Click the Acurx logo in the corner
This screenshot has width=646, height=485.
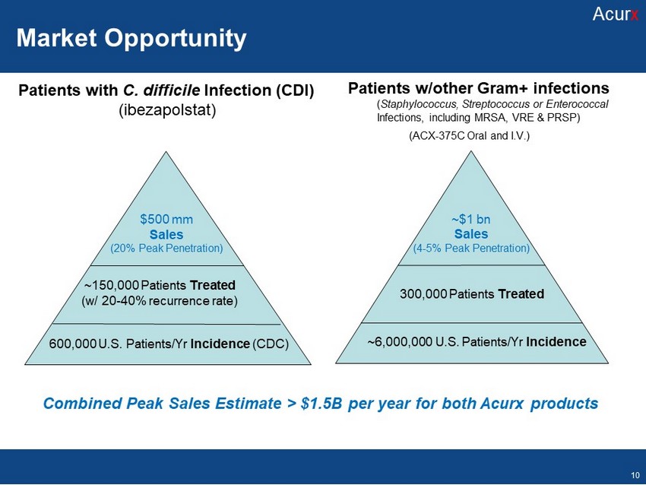pyautogui.click(x=616, y=14)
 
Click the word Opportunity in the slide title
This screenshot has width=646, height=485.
pyautogui.click(x=175, y=39)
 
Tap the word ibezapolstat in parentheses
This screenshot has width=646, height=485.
pyautogui.click(x=167, y=109)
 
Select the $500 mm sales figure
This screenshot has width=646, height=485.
pyautogui.click(x=166, y=219)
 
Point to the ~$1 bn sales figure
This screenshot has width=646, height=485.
pyautogui.click(x=471, y=219)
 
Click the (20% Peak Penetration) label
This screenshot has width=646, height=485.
pyautogui.click(x=166, y=248)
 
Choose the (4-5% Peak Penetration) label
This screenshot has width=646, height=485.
pyautogui.click(x=471, y=248)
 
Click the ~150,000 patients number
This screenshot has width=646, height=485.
pyautogui.click(x=111, y=285)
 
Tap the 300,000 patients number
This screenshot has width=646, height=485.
pyautogui.click(x=423, y=293)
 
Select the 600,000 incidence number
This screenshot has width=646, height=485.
pyautogui.click(x=72, y=344)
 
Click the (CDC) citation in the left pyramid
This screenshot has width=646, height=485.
pyautogui.click(x=271, y=344)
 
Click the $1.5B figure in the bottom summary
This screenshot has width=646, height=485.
pyautogui.click(x=321, y=404)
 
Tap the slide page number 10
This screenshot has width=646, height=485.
pyautogui.click(x=635, y=475)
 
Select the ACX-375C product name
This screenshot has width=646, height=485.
pyautogui.click(x=439, y=135)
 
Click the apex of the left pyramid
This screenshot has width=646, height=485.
pyautogui.click(x=166, y=151)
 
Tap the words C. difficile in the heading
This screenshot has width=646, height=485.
pyautogui.click(x=161, y=90)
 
